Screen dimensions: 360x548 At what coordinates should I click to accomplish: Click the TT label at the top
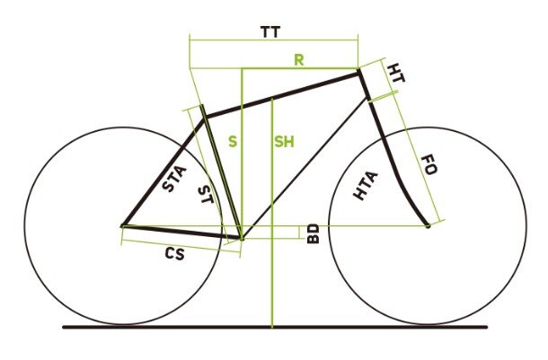[270, 32]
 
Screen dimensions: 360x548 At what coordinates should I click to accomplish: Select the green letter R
[299, 60]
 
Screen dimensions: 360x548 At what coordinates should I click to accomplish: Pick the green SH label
[285, 142]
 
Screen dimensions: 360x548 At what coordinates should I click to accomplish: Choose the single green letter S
[232, 142]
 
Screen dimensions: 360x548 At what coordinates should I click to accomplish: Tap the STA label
[174, 178]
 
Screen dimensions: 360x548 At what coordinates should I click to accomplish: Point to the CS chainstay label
[175, 254]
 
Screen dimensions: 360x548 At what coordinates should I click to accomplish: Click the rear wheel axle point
[122, 224]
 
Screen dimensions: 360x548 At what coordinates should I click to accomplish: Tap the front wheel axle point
[428, 224]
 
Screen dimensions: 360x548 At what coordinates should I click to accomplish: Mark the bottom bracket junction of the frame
[242, 237]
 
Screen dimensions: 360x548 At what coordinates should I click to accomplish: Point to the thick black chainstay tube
[180, 231]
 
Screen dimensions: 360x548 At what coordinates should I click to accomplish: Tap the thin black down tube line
[305, 167]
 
